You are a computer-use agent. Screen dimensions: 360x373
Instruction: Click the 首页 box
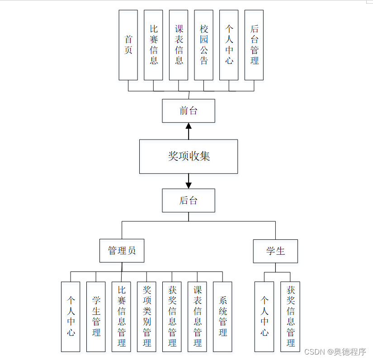pyautogui.click(x=128, y=45)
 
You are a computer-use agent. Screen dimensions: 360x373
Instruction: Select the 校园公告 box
pyautogui.click(x=203, y=45)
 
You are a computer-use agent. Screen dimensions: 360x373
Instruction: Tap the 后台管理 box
pyautogui.click(x=254, y=45)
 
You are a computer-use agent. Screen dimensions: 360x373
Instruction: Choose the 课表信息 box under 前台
pyautogui.click(x=179, y=45)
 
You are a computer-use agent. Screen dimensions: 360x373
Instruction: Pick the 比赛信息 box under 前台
pyautogui.click(x=153, y=45)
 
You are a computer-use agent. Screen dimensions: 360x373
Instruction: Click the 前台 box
pyautogui.click(x=189, y=111)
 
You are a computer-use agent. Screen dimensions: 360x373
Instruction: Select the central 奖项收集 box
pyautogui.click(x=189, y=156)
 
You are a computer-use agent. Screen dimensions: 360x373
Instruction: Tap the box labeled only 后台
pyautogui.click(x=189, y=200)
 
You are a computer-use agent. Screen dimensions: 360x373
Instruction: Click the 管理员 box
pyautogui.click(x=122, y=251)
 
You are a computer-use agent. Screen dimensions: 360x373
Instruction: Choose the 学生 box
pyautogui.click(x=275, y=251)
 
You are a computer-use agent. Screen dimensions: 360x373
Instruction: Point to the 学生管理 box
pyautogui.click(x=96, y=317)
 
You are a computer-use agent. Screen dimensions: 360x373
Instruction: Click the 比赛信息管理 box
pyautogui.click(x=121, y=317)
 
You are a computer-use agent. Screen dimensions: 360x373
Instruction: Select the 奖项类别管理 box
pyautogui.click(x=146, y=317)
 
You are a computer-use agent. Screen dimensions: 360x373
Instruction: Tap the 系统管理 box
pyautogui.click(x=222, y=317)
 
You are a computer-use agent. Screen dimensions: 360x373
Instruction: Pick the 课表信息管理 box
pyautogui.click(x=197, y=317)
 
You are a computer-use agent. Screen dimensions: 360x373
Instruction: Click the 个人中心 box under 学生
pyautogui.click(x=264, y=317)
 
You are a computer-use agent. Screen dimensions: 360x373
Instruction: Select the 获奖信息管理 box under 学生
pyautogui.click(x=290, y=317)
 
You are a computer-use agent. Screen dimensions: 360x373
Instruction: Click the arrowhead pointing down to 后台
pyautogui.click(x=189, y=185)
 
